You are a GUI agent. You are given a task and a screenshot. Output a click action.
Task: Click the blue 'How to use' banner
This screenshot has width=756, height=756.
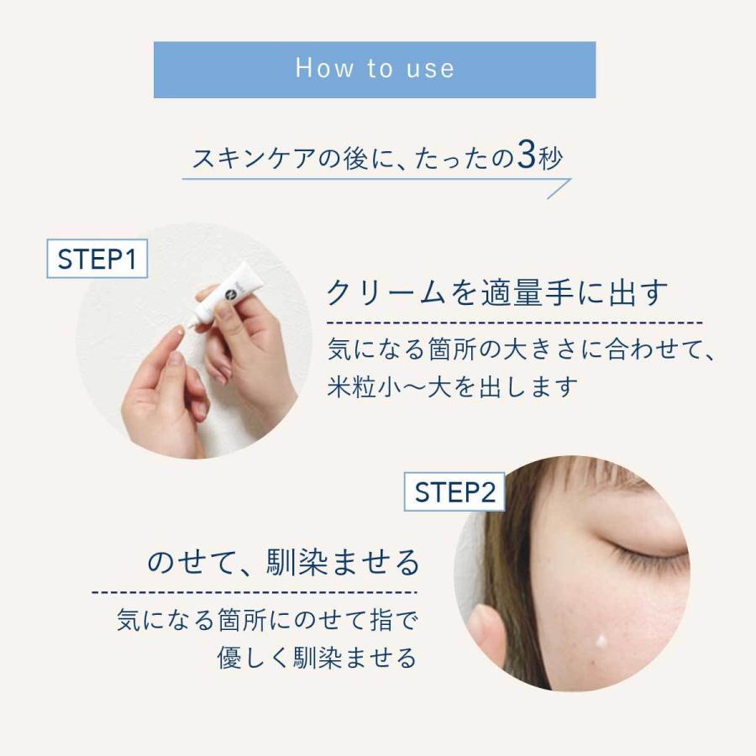(x=375, y=70)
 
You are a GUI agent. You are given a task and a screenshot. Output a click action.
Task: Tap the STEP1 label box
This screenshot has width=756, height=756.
(x=97, y=259)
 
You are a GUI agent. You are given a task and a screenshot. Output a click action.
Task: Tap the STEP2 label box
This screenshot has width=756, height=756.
(x=454, y=491)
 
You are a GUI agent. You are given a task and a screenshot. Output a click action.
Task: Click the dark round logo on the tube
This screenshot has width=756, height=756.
(x=232, y=291)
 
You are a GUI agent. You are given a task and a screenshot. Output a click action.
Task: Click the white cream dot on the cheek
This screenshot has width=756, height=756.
(x=601, y=641)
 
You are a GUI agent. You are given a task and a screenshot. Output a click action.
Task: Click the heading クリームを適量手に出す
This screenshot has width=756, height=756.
(x=497, y=292)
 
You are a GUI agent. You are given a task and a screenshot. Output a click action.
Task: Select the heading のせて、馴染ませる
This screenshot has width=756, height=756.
(x=283, y=562)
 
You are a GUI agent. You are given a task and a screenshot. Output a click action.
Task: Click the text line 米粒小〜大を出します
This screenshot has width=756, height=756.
(x=452, y=386)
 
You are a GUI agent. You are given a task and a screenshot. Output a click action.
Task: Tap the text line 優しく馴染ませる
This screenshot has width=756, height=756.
(x=317, y=657)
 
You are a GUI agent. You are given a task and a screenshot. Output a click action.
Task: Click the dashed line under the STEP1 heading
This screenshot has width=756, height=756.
(x=514, y=323)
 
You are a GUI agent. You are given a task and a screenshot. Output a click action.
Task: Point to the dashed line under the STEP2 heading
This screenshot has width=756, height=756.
(x=255, y=592)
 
